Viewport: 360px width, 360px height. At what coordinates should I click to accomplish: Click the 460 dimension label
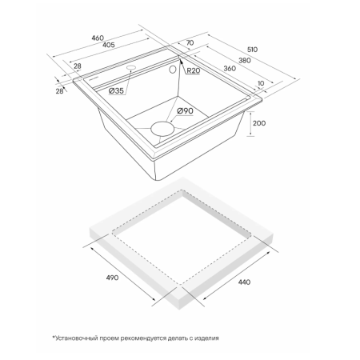[98, 38]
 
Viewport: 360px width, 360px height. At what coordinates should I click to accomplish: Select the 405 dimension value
[109, 45]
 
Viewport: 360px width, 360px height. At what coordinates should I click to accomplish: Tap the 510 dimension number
[252, 50]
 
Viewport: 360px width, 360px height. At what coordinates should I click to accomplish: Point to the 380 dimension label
[245, 60]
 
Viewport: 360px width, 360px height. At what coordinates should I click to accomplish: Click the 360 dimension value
[230, 69]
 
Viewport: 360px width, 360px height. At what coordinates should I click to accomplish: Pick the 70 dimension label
[190, 42]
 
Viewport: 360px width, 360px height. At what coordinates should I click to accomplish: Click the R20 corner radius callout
[193, 70]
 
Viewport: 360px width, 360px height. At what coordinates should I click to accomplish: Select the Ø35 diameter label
[116, 90]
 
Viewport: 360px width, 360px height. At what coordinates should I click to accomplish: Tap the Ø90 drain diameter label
[185, 110]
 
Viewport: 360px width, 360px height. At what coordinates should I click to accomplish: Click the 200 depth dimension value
[259, 123]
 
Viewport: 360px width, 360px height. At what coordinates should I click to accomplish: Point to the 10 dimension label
[261, 83]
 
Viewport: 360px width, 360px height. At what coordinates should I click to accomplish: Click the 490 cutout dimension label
[112, 278]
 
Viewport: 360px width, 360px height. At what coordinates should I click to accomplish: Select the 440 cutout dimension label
[244, 282]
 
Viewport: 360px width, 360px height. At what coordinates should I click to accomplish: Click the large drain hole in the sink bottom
[162, 128]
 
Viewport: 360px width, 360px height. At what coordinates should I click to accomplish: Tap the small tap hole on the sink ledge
[131, 67]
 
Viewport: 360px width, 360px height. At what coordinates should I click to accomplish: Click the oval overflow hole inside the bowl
[173, 70]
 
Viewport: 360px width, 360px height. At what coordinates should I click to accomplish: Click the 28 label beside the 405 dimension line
[78, 66]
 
